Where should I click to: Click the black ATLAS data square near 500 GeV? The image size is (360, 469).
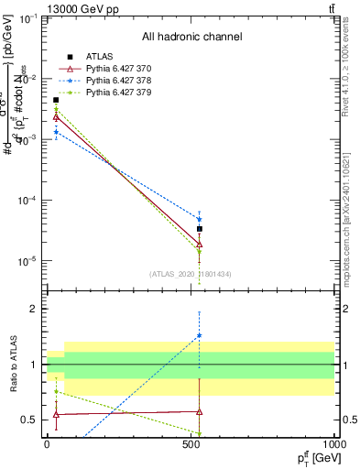(x=199, y=229)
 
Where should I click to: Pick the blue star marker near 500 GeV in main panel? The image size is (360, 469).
(x=199, y=219)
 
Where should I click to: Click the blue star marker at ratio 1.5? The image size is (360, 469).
(x=199, y=336)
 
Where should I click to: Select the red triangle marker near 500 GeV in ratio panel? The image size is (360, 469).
(x=199, y=412)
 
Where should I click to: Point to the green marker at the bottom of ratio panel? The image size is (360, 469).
(x=199, y=433)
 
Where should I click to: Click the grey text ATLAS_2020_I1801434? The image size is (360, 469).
(x=191, y=275)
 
